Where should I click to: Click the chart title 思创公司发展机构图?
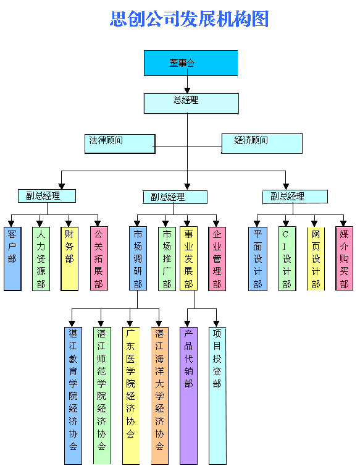tap(189, 19)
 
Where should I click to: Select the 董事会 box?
tap(191, 63)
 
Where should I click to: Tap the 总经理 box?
tap(191, 103)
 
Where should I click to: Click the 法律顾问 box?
tap(120, 144)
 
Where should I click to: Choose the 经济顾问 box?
tap(262, 143)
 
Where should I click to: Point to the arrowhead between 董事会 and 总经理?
tap(187, 90)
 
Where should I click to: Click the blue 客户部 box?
tap(12, 258)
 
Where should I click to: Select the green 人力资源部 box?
tap(41, 258)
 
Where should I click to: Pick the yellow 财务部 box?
tap(70, 258)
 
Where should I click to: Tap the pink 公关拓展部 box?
tap(99, 258)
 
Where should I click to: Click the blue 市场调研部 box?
tap(138, 258)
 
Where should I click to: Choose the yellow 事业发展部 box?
tap(188, 258)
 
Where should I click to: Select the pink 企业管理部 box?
tap(217, 258)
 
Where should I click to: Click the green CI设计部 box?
tap(287, 258)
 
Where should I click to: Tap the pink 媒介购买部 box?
tap(344, 258)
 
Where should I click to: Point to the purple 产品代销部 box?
tap(189, 396)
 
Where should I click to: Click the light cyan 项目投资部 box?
tap(217, 396)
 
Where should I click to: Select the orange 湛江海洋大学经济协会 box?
tap(159, 396)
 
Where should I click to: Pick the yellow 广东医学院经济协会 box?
tap(131, 396)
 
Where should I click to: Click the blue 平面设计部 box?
tap(257, 258)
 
